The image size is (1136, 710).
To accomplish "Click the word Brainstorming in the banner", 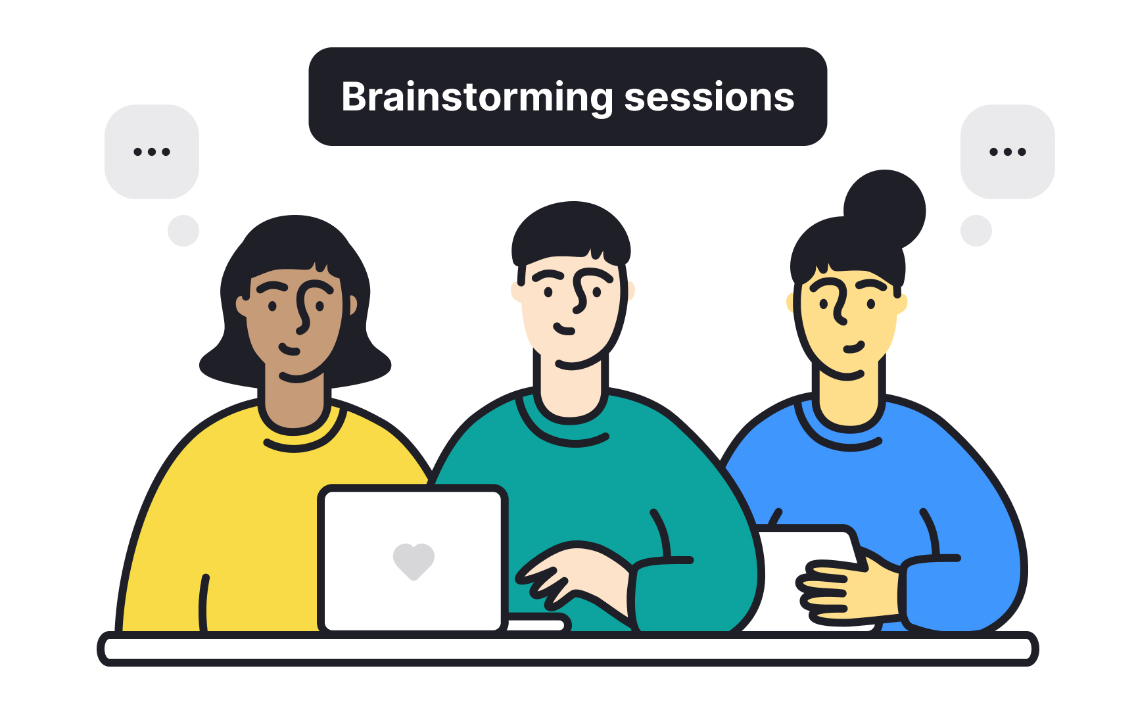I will coord(477,97).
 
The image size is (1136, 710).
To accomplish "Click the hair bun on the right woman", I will coord(885,209).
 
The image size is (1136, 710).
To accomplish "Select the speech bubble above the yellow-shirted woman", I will coord(152,152).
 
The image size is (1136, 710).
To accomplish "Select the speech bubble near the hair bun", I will coord(1007,152).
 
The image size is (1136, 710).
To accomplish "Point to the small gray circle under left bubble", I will coord(183,231).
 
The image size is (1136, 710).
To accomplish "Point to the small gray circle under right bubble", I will coord(976,231).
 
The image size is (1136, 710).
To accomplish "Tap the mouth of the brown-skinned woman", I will coord(289,349).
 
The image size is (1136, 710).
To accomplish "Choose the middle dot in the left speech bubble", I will coord(152,152).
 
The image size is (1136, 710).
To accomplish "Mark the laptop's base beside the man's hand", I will coord(536,623).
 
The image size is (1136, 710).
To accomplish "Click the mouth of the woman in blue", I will coord(853,347).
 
